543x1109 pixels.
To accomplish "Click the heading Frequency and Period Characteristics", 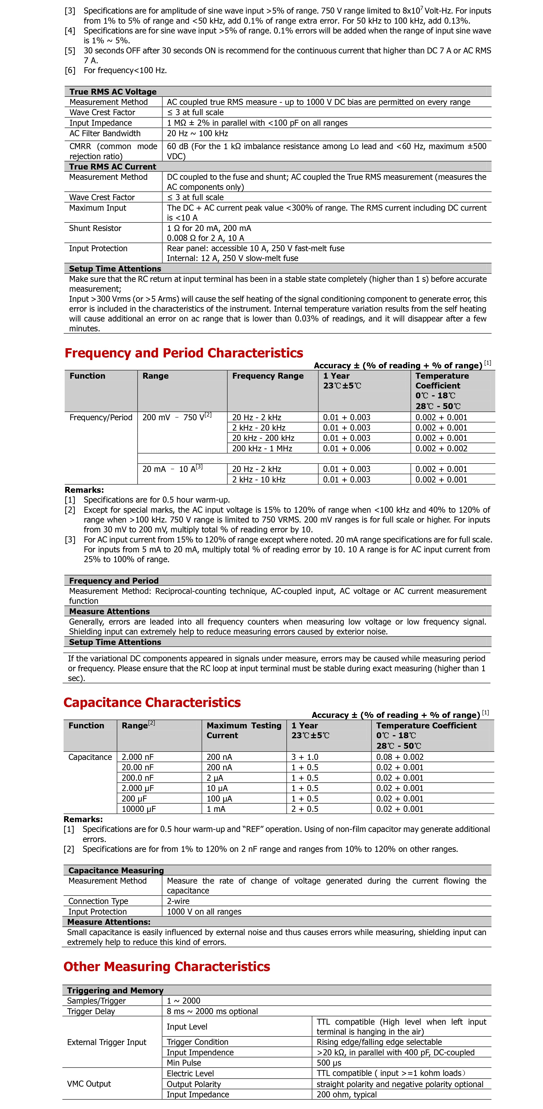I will click(184, 353).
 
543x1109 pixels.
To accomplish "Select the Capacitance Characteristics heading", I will click(152, 703).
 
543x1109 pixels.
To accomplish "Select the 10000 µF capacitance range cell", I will click(139, 809).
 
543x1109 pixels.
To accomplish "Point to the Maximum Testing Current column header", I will click(243, 731).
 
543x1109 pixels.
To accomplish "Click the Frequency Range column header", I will click(268, 376).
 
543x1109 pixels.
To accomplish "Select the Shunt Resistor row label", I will click(95, 228).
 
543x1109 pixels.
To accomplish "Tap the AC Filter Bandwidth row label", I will click(105, 133).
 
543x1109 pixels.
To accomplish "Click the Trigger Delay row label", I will click(91, 1011).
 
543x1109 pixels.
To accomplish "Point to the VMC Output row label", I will click(89, 1084).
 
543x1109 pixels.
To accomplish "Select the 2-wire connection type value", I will click(178, 901).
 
